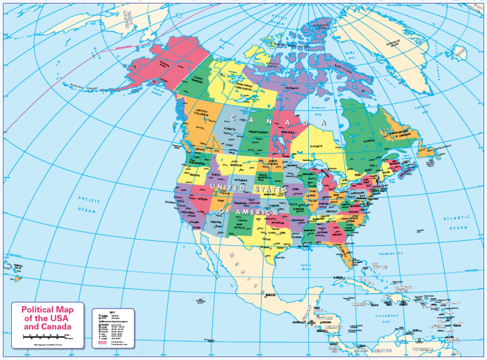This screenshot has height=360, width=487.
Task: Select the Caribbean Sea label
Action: coord(410,318)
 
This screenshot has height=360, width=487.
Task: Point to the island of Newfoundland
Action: coord(426,151)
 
